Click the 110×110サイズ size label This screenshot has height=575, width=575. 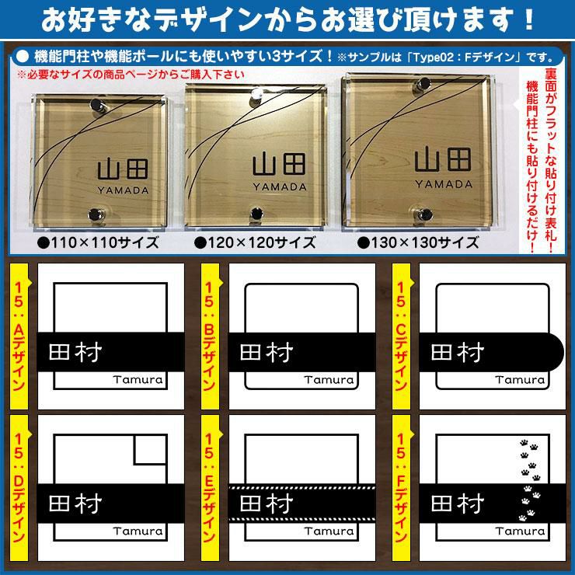98,242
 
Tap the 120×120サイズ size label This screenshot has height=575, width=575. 255,242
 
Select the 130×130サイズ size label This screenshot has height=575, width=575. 418,242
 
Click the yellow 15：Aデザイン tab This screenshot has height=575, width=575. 19,336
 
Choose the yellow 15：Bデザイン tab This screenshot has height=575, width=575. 210,336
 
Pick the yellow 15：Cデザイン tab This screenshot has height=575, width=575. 401,336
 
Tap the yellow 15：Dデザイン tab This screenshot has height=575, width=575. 19,488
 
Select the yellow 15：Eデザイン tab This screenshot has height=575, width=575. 210,488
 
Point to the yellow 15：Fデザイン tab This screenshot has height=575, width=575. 401,488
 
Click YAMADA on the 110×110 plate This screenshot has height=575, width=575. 123,190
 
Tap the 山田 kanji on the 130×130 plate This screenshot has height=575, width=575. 443,159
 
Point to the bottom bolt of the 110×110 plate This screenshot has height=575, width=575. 96,214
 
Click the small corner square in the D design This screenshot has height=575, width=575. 151,450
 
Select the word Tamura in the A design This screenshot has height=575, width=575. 138,379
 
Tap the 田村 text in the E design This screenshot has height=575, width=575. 267,504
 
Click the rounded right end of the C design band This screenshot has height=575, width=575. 557,352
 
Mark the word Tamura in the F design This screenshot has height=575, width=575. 520,531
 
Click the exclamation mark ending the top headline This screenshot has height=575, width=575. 528,19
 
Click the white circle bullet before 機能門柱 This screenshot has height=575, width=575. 23,57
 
